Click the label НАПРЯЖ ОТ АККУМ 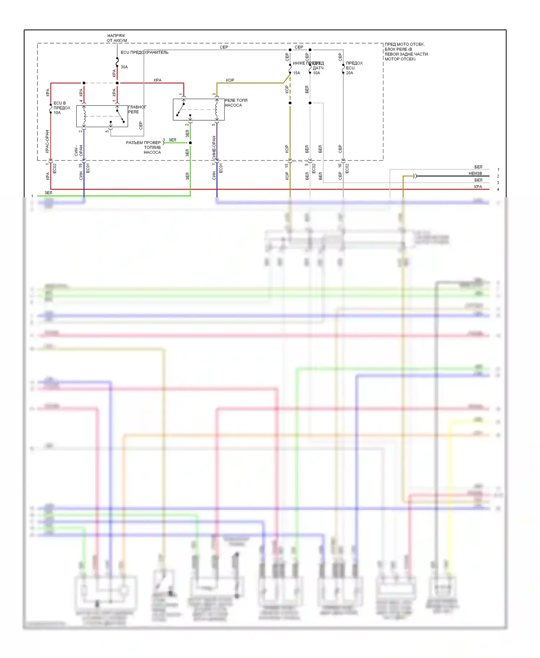(116, 38)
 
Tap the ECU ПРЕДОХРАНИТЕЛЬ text (144, 53)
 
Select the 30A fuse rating (124, 67)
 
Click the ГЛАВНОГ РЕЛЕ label (137, 109)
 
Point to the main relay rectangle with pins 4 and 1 (102, 116)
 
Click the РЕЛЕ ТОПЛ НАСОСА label (236, 103)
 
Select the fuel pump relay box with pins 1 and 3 (198, 109)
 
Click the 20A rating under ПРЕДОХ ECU (350, 73)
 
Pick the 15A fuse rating (296, 73)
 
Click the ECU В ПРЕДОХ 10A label (61, 108)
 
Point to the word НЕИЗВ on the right (475, 173)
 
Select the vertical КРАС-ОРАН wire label (47, 141)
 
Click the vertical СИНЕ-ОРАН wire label (214, 148)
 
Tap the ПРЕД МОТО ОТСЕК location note (406, 52)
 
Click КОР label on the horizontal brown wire (230, 80)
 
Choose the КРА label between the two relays (158, 80)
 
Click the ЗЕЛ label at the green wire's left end (48, 193)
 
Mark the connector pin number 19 (80, 166)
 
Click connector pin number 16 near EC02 (340, 166)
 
